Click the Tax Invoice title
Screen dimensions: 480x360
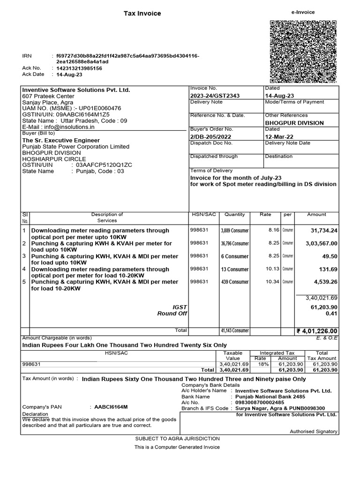pos(142,14)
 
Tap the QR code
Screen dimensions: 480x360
pos(302,52)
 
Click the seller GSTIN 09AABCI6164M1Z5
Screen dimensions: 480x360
pos(83,114)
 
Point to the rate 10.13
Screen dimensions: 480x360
pos(272,269)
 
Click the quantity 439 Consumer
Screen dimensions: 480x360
pos(235,282)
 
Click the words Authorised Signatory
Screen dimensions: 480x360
pos(313,431)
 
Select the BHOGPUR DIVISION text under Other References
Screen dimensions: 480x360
pos(294,123)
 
